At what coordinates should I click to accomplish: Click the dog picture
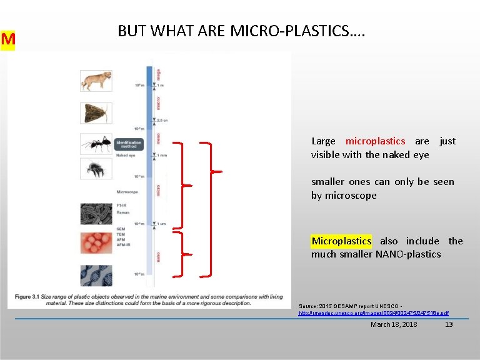pos(96,81)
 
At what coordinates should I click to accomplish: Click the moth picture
pos(96,113)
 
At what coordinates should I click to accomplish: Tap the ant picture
pos(96,144)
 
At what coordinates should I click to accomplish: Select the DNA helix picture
pos(96,276)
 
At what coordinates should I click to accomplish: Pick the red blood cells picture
pos(96,243)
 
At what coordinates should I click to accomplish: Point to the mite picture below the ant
pos(96,169)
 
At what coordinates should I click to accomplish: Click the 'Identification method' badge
pos(129,144)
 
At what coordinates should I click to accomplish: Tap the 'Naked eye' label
pos(126,156)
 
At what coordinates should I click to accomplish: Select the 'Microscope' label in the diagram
pos(127,192)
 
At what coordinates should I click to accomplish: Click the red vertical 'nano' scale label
pos(158,257)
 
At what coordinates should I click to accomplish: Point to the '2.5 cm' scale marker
pos(162,121)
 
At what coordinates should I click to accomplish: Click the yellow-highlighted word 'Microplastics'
pos(341,241)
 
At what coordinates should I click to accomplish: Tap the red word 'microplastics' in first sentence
pos(375,141)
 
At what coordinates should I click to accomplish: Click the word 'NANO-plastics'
pos(409,254)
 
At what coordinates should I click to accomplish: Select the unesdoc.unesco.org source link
pos(374,312)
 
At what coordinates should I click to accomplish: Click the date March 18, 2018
pos(394,324)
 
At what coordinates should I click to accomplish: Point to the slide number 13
pos(448,324)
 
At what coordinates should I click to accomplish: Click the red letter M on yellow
pos(7,40)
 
